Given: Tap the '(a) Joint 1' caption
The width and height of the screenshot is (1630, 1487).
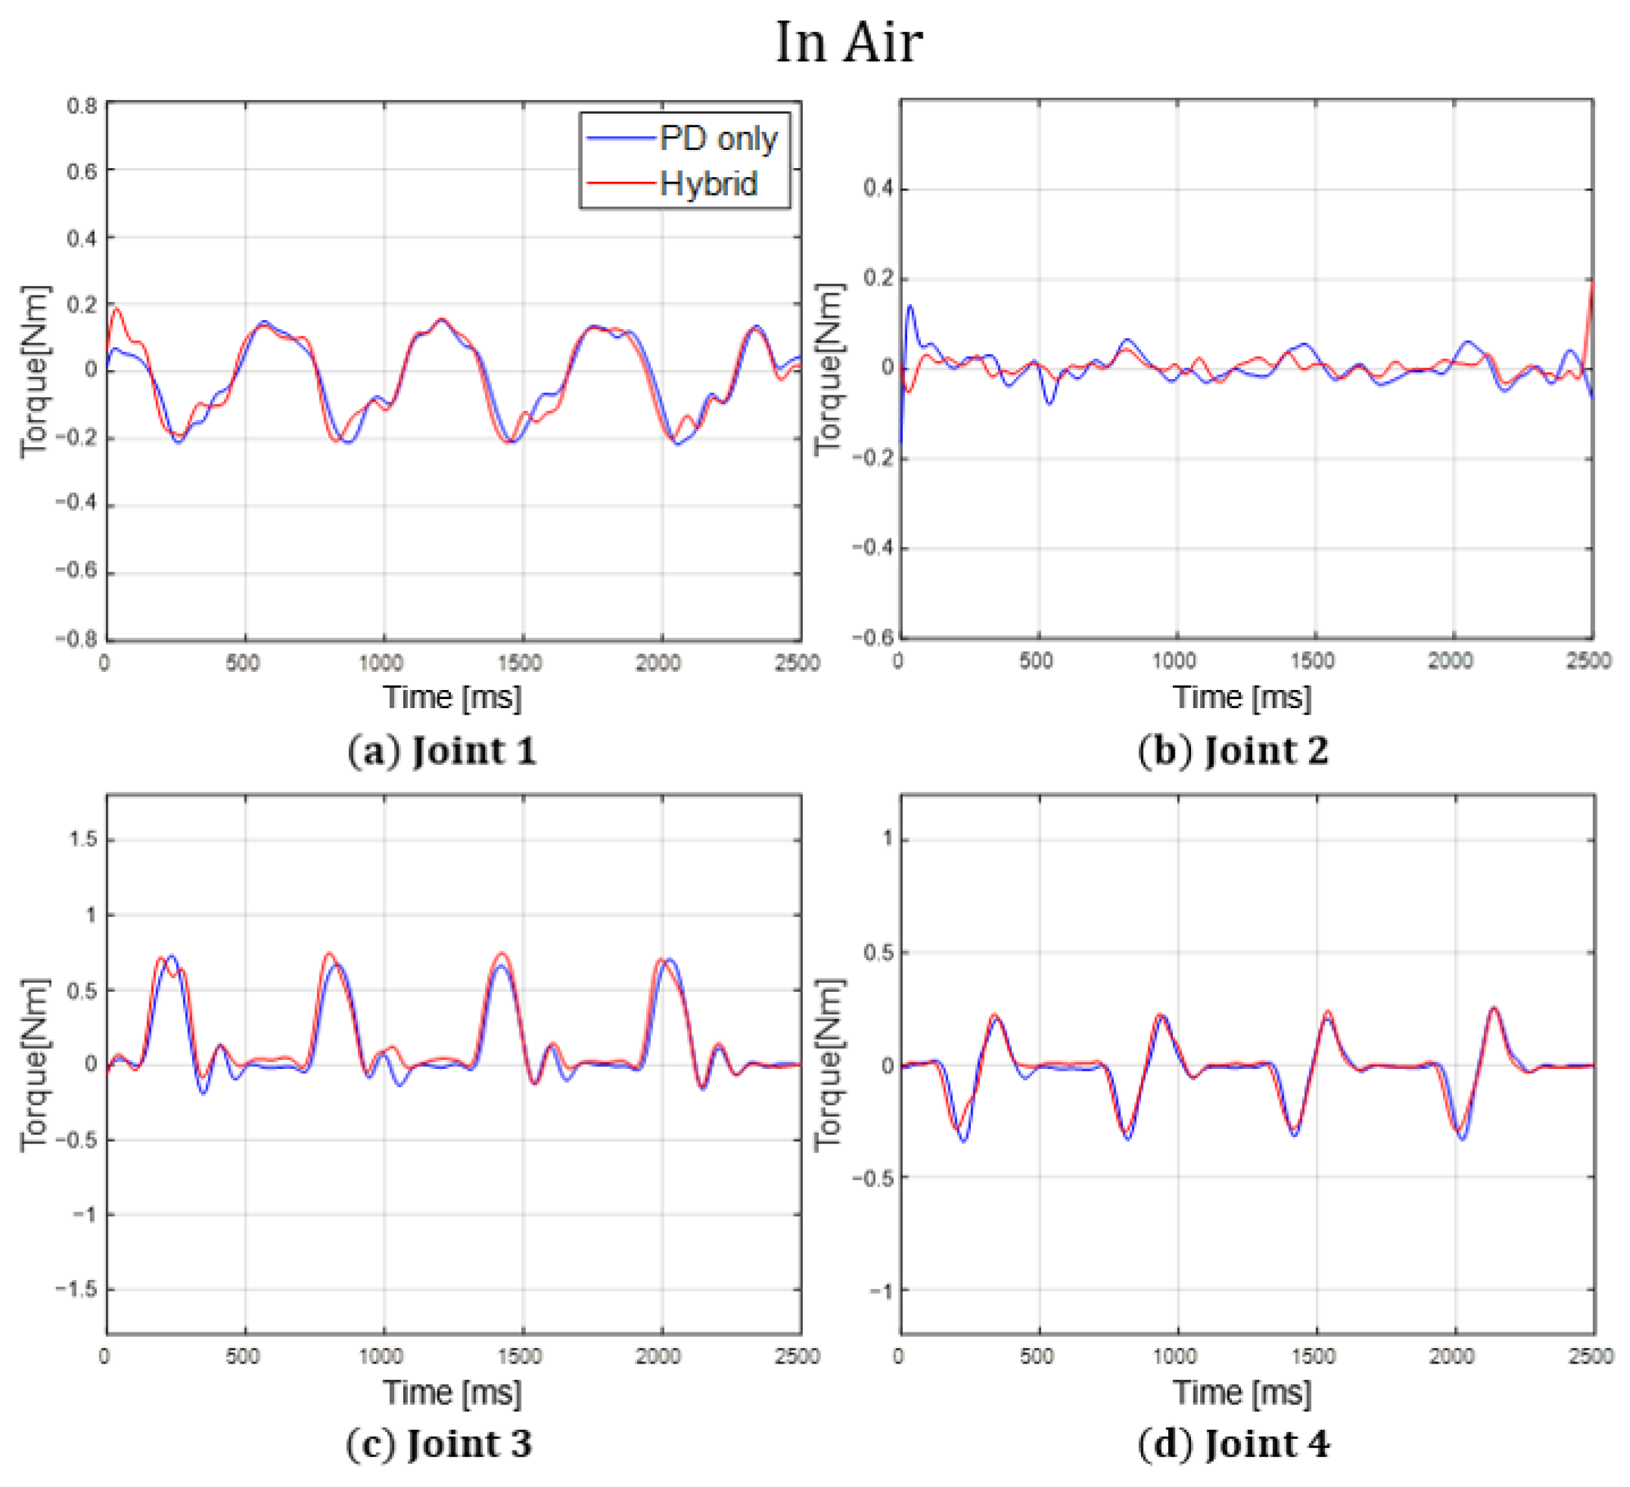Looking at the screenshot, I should pyautogui.click(x=442, y=751).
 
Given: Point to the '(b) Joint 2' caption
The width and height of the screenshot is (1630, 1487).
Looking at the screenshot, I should pyautogui.click(x=1233, y=751).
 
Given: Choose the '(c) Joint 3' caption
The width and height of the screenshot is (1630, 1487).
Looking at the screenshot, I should pyautogui.click(x=439, y=1444).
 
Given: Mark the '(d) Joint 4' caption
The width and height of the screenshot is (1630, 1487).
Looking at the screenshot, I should pyautogui.click(x=1233, y=1444).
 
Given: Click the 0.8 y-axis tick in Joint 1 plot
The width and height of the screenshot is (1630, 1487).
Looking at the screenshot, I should pyautogui.click(x=82, y=106).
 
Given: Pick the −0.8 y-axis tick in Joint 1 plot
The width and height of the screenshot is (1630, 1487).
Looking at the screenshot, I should pyautogui.click(x=76, y=639).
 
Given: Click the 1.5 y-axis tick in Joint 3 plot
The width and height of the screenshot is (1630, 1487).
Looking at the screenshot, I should pyautogui.click(x=83, y=840).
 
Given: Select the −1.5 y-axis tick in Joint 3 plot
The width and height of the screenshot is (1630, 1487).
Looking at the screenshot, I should pyautogui.click(x=76, y=1289).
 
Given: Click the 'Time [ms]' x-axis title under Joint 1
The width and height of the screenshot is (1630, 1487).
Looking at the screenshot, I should pyautogui.click(x=452, y=698).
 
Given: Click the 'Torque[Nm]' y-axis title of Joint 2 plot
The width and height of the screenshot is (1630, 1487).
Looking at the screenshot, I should pyautogui.click(x=829, y=369).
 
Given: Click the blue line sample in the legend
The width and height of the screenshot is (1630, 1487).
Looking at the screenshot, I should pyautogui.click(x=620, y=139).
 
